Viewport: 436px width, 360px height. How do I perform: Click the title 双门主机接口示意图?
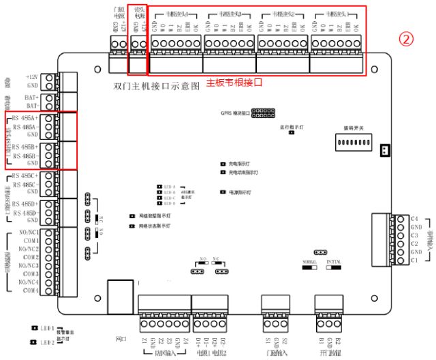coord(157,87)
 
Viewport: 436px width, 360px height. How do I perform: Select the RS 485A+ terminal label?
coord(25,118)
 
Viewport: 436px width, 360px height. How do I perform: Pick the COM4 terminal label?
coord(29,290)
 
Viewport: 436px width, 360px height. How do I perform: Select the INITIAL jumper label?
coord(334,261)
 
